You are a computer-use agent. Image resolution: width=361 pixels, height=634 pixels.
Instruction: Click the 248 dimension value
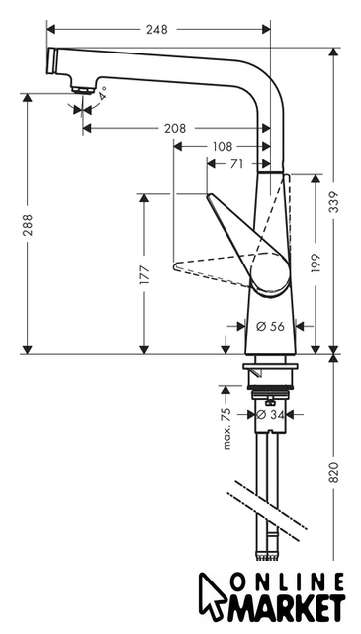pos(156,30)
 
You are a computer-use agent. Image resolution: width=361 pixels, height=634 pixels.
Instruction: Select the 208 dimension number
pos(175,128)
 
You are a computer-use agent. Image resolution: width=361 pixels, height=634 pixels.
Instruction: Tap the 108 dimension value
pos(222,146)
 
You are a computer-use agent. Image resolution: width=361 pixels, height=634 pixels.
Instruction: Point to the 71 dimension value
pos(236,164)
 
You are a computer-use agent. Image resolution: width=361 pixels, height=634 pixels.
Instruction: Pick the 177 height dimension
pos(145,275)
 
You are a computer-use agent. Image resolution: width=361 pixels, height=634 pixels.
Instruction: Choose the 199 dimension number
pos(316,263)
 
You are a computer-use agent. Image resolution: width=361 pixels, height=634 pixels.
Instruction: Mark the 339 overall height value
pos(333,202)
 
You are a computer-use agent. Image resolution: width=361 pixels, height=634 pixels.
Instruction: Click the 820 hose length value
pos(333,472)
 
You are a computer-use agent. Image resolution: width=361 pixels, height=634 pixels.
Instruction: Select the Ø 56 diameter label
pos(271,326)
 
